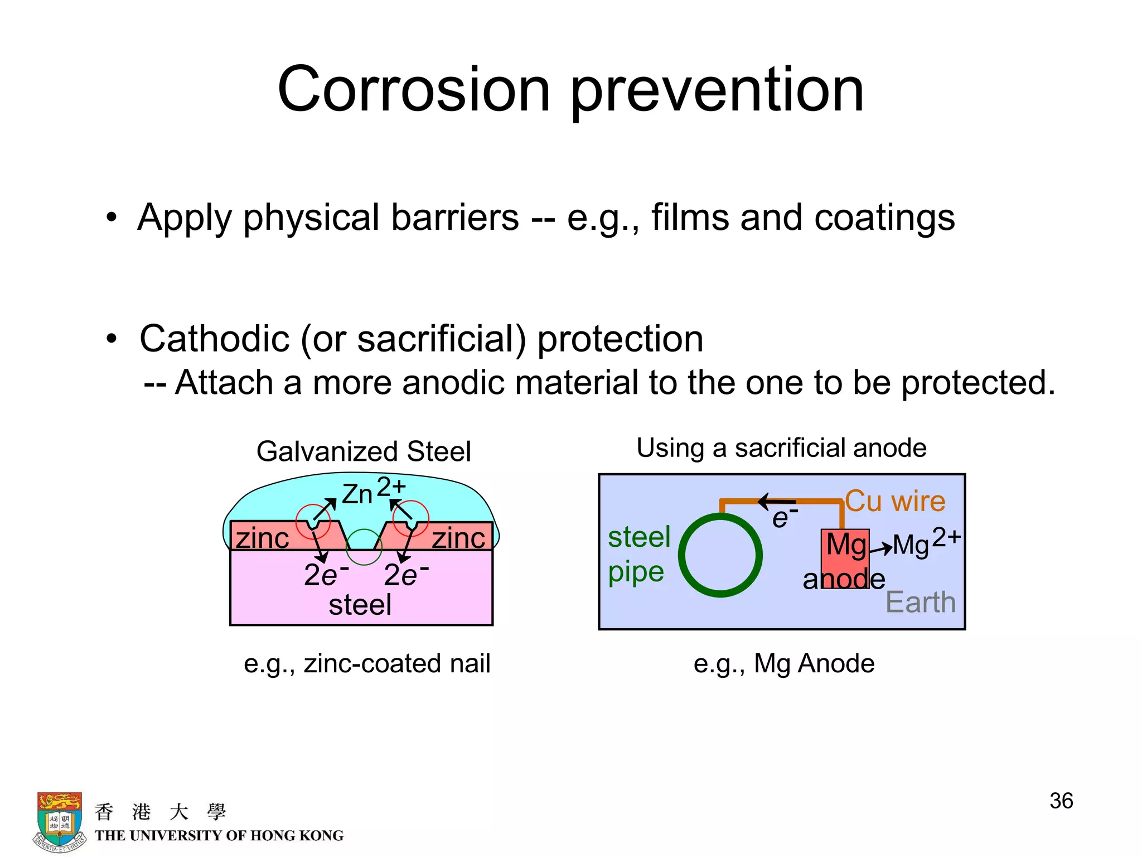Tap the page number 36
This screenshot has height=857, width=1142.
(1061, 801)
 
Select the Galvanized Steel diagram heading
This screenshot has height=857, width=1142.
(364, 451)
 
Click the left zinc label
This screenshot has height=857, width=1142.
(262, 538)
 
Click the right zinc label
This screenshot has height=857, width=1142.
(458, 538)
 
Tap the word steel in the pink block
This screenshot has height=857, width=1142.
(360, 605)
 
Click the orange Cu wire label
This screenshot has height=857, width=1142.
(895, 501)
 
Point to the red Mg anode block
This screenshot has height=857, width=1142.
(845, 558)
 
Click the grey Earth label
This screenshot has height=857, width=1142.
(921, 602)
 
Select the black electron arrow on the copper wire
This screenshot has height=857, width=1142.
(777, 501)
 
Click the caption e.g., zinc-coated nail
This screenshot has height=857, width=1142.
(367, 664)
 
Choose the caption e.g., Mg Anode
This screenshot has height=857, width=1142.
(783, 664)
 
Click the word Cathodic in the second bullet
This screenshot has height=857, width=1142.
(214, 339)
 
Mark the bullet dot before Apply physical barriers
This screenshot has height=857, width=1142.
(112, 218)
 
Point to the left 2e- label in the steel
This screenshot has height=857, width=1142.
(326, 575)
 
